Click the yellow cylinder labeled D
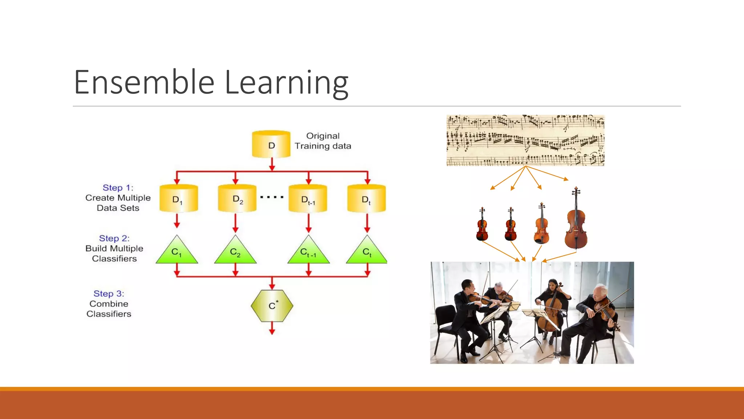pyautogui.click(x=271, y=144)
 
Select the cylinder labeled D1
pyautogui.click(x=178, y=199)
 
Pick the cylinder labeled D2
pyautogui.click(x=237, y=199)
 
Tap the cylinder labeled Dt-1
pyautogui.click(x=308, y=199)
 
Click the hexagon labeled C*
pyautogui.click(x=272, y=306)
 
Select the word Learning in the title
pyautogui.click(x=287, y=83)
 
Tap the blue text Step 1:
pyautogui.click(x=118, y=188)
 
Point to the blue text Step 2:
pyautogui.click(x=114, y=238)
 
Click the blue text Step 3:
pyautogui.click(x=109, y=294)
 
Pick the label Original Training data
pyautogui.click(x=323, y=141)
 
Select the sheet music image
pyautogui.click(x=525, y=140)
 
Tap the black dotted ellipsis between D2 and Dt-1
pyautogui.click(x=272, y=197)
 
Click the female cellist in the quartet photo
pyautogui.click(x=551, y=302)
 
